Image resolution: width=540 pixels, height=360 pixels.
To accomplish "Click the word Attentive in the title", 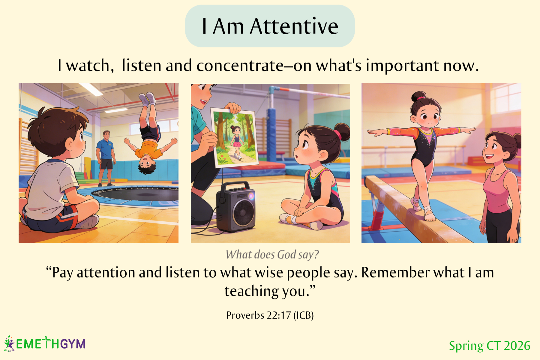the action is point(294,26).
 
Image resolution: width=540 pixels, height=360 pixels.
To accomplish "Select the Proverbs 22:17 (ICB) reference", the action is point(270,315).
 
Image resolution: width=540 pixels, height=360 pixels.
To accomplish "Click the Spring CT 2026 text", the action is point(490,346).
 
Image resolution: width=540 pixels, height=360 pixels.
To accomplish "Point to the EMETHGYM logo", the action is point(45,343).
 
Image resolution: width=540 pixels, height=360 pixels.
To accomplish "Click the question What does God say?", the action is point(272,255).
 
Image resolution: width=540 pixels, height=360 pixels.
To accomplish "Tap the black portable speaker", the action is point(236,207).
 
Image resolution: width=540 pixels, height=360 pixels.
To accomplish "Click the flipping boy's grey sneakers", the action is point(147,99).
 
